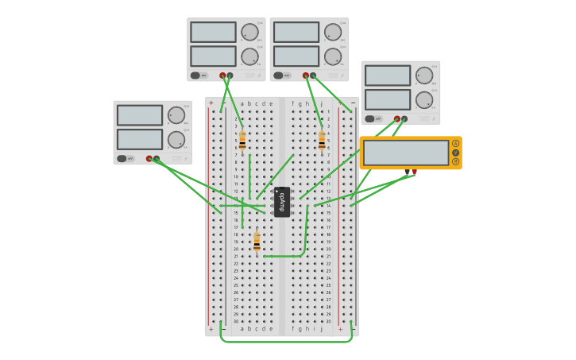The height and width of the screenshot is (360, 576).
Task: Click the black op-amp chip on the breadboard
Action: (x=282, y=202)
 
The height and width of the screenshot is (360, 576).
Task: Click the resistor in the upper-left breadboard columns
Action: (x=242, y=141)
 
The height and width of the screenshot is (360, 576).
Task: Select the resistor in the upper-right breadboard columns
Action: (x=322, y=141)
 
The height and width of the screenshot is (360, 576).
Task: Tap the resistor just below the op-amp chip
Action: (x=257, y=242)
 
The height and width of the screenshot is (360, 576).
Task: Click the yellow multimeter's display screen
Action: (x=406, y=153)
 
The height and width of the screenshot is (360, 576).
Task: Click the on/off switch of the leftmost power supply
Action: (x=122, y=158)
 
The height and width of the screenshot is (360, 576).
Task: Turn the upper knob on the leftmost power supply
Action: (x=176, y=115)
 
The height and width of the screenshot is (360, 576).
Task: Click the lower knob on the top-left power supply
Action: (x=249, y=56)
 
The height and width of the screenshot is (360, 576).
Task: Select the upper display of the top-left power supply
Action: (x=213, y=32)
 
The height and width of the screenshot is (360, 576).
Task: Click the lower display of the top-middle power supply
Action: (x=296, y=56)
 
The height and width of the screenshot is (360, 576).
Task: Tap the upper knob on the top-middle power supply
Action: (x=332, y=32)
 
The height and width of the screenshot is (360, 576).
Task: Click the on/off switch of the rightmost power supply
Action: (x=369, y=118)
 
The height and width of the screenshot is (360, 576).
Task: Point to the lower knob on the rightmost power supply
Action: (x=423, y=100)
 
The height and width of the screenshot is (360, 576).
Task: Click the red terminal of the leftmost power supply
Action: (x=149, y=158)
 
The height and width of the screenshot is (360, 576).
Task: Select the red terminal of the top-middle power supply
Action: (x=305, y=75)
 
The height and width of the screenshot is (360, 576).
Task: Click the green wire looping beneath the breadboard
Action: (x=286, y=342)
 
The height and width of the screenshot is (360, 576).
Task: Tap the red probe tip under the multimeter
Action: (x=414, y=172)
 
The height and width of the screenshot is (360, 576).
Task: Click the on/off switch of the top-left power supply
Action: (x=195, y=75)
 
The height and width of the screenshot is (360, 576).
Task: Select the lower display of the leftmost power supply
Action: (x=140, y=139)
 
